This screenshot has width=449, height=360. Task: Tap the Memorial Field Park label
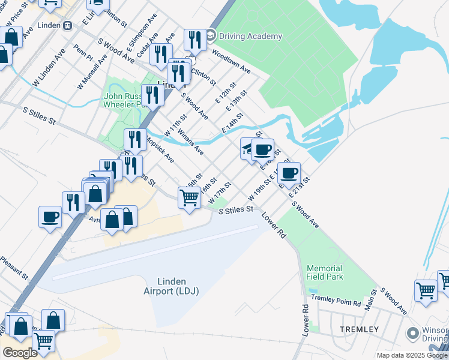(324, 272)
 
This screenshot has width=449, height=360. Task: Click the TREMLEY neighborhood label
(359, 329)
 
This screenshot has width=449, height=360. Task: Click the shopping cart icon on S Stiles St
(190, 197)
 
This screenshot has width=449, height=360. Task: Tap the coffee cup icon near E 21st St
(289, 172)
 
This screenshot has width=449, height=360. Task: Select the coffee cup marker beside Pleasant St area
(50, 216)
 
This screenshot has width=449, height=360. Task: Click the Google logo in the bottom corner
(19, 353)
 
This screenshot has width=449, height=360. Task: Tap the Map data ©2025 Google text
(411, 355)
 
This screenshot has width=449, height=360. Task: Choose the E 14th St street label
(233, 122)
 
